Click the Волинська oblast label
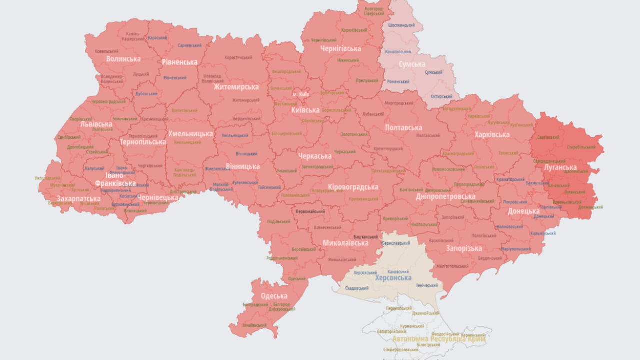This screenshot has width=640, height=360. click(123, 59)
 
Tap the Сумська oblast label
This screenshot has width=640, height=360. click(412, 64)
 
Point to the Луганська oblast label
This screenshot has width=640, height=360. click(560, 167)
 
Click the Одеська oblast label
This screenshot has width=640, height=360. click(274, 296)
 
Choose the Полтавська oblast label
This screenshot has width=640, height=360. click(403, 128)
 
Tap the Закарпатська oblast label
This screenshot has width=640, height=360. click(78, 199)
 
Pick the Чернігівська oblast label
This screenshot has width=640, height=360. click(341, 49)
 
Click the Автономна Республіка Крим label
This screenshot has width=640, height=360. click(439, 339)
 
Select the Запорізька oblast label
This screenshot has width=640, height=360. click(464, 248)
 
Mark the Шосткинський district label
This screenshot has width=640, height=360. click(401, 25)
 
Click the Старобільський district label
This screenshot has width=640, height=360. click(581, 147)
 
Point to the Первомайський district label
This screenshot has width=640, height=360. click(310, 211)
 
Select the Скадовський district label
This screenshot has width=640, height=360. click(357, 288)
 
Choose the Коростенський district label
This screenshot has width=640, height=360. click(238, 58)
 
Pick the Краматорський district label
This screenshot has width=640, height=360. click(511, 179)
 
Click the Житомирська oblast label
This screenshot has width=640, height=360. click(236, 87)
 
